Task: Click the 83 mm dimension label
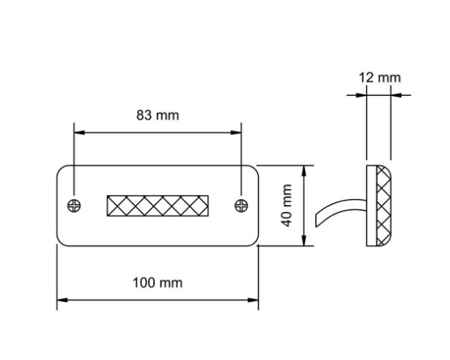point(157,115)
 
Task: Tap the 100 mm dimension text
point(157,283)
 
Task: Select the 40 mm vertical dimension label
point(287,205)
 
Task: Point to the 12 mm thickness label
point(380,77)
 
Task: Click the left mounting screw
point(74,206)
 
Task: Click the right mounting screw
point(241,206)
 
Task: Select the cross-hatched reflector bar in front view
point(157,206)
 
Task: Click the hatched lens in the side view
point(383,206)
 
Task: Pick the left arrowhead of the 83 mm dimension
point(80,132)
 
